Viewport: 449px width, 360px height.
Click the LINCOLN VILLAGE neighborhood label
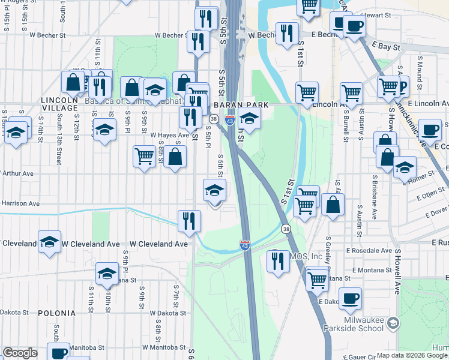tap(59, 103)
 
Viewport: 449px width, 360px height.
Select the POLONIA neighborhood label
tap(56, 313)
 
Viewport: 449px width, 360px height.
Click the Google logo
tap(20, 353)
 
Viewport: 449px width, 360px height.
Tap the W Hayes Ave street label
tap(170, 136)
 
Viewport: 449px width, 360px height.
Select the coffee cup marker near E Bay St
tap(354, 26)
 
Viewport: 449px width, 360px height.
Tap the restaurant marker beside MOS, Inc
tap(277, 260)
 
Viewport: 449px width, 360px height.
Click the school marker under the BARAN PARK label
tap(249, 118)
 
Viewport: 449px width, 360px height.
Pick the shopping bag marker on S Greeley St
tap(333, 204)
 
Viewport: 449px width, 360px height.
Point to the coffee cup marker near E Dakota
tap(350, 298)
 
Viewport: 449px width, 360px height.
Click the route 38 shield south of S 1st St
tap(286, 229)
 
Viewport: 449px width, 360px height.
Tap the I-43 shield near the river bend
tap(244, 245)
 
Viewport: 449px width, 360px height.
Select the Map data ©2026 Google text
tap(411, 355)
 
